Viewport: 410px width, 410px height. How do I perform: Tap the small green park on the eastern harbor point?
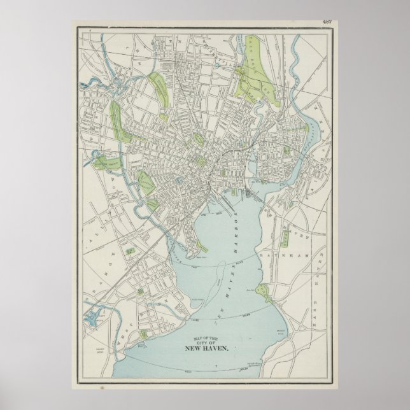click(265, 292)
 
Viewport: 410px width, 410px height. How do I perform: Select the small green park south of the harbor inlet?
click(153, 204)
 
